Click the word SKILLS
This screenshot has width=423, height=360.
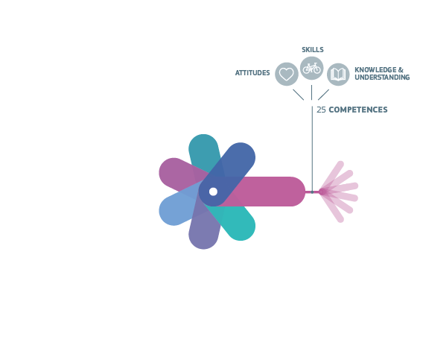point(312,50)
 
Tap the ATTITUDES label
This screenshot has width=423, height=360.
point(252,73)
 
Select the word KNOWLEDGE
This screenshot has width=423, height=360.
point(375,69)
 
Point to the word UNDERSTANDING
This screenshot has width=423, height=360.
point(382,78)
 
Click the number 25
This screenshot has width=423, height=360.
point(321,110)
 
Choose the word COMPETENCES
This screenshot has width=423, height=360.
point(358,110)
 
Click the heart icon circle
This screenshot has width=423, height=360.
point(287,74)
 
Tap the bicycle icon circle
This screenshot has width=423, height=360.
point(311,68)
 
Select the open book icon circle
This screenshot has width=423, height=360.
point(338,75)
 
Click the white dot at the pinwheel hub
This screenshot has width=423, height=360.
point(213,192)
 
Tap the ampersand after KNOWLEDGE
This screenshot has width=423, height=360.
point(401,69)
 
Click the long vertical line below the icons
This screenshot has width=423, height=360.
point(312,149)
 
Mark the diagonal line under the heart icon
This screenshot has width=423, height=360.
point(299,95)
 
